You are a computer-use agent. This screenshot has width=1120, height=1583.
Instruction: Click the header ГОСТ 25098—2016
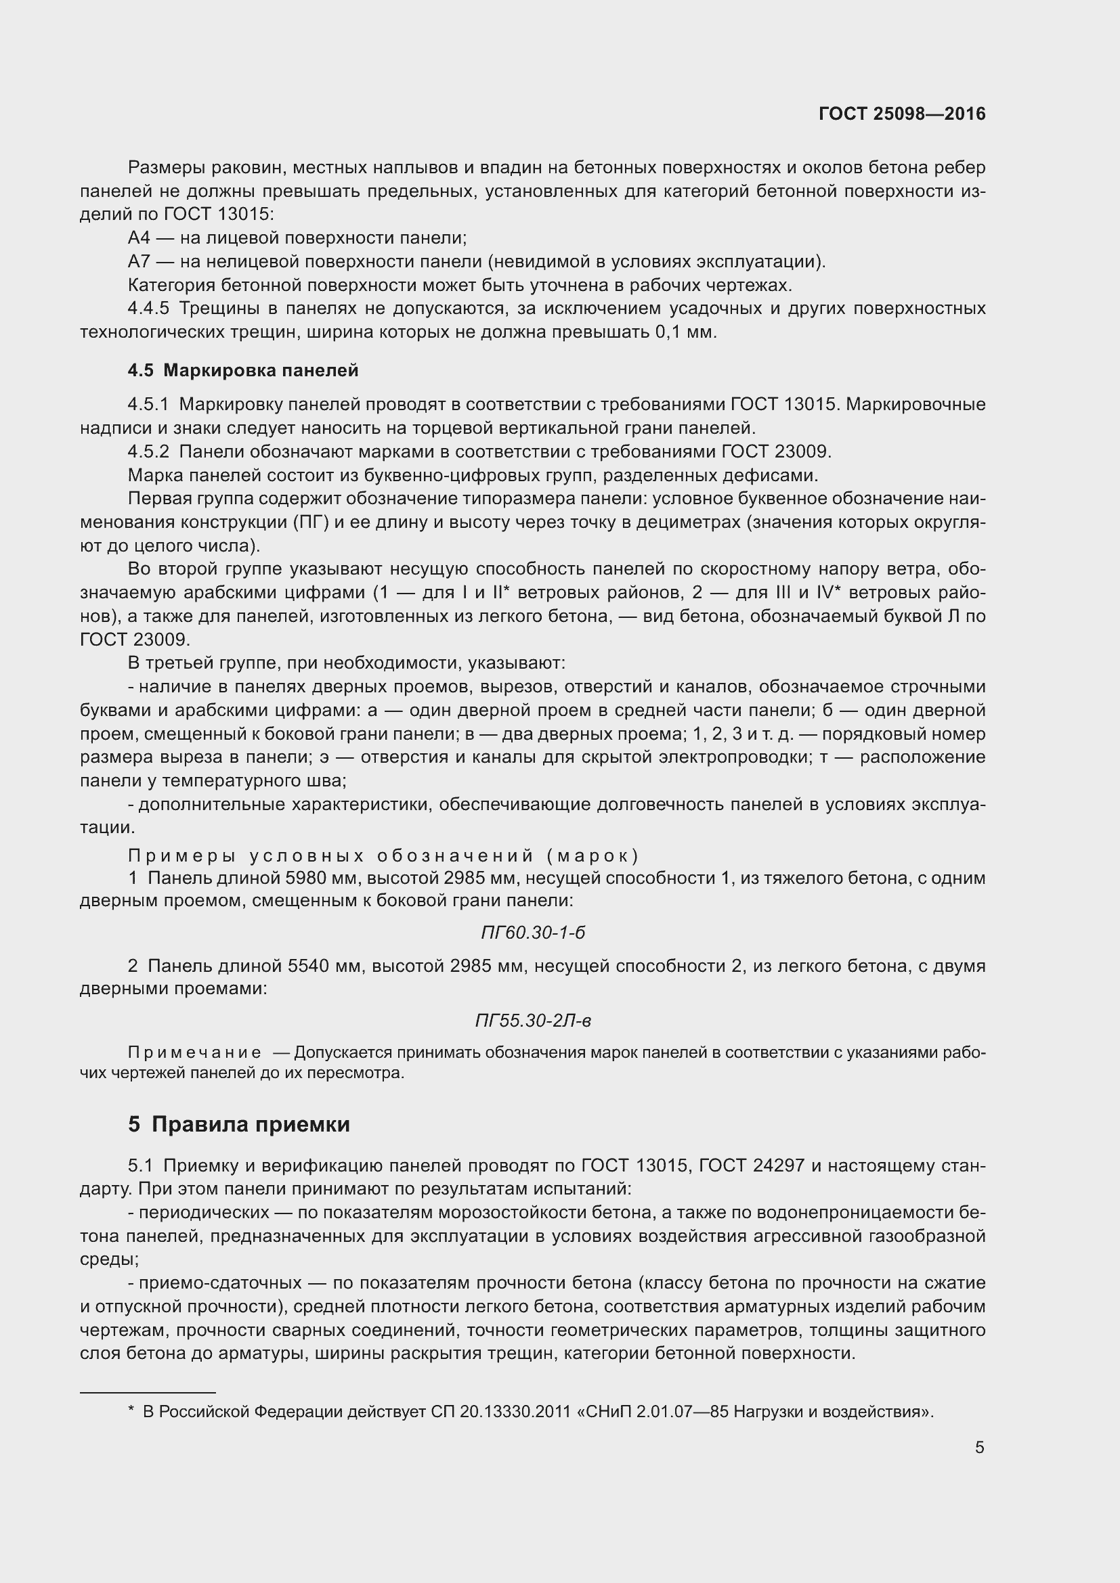901,114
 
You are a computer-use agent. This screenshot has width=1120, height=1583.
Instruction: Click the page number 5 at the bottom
979,1447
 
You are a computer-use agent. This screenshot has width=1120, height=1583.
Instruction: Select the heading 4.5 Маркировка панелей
243,370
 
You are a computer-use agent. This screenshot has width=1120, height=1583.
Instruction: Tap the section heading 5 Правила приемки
238,1124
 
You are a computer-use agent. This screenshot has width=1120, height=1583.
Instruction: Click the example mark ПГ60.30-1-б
532,933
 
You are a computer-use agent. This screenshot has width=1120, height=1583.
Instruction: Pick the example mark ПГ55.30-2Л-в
532,1021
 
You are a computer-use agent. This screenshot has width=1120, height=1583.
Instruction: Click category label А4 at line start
139,238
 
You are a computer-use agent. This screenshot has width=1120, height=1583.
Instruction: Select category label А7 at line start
139,261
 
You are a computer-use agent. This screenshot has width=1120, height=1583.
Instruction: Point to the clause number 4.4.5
148,308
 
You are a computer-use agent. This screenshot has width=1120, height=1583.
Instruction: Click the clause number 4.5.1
148,404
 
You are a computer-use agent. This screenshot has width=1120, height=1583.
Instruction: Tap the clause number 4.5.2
148,451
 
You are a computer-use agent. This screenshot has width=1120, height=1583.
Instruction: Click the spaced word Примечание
194,1053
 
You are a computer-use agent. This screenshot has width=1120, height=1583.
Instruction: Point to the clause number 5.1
140,1165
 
